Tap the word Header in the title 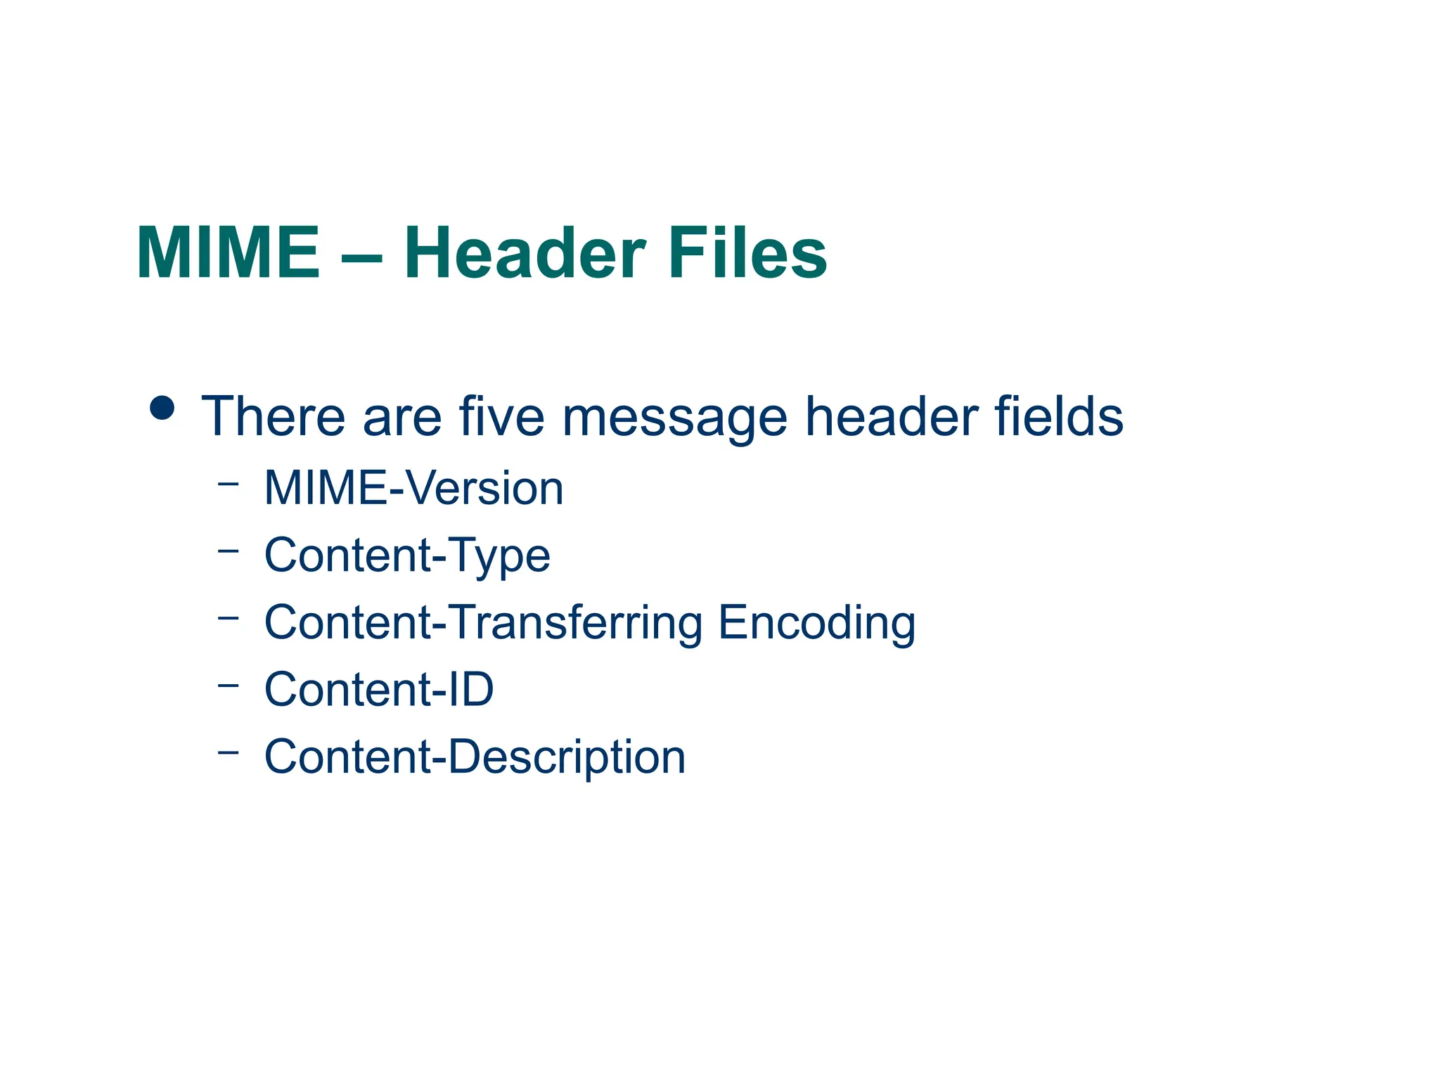point(524,253)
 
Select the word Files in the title point(747,253)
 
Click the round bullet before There point(162,408)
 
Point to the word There point(273,416)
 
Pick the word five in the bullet point(501,416)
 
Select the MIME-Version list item point(413,488)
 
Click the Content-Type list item point(407,555)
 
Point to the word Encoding point(816,623)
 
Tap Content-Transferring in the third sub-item point(483,623)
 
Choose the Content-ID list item point(379,689)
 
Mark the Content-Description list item point(475,757)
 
